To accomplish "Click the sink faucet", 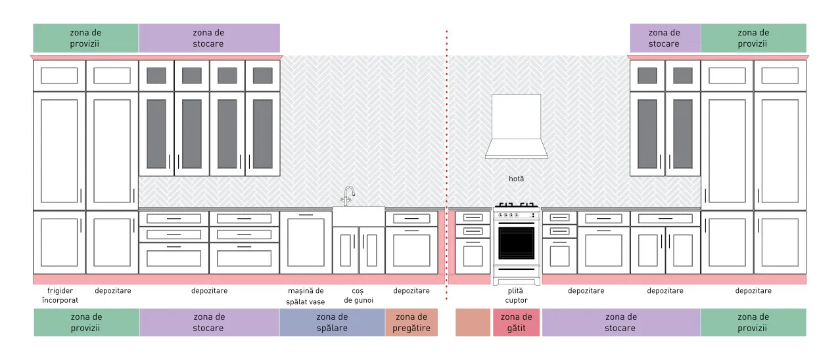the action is tap(349, 196).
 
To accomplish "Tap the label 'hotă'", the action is tap(516, 179).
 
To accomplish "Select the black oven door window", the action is tap(516, 242).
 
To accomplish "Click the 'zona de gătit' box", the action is tap(516, 322).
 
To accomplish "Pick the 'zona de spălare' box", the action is tap(332, 322).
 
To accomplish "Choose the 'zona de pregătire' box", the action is tap(411, 322).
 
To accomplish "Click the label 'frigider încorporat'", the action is tap(60, 295).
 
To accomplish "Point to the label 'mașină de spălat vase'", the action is tap(306, 296).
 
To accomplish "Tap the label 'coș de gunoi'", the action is tap(358, 295).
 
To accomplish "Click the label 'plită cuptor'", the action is tap(516, 295).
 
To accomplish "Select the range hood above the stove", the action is tap(516, 126).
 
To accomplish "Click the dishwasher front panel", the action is tap(306, 242).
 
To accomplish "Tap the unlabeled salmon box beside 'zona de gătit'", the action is tap(473, 322).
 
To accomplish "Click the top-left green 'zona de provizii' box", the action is tap(85, 38).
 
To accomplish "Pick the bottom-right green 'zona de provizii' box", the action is tap(753, 322).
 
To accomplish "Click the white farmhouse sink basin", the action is tap(358, 216).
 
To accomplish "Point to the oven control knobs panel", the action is tap(516, 215).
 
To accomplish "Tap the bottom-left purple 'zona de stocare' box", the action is tap(209, 322).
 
